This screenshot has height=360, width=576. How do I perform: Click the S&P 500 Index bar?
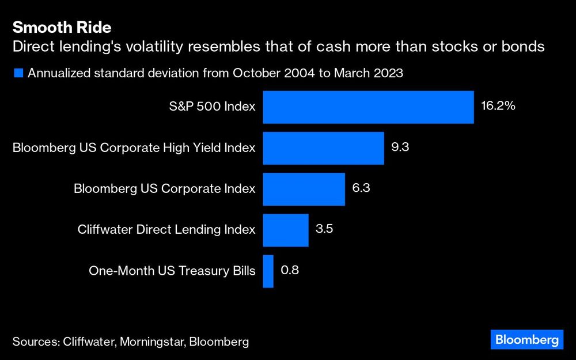(x=368, y=107)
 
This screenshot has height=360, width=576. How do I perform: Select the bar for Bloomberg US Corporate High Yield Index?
(x=323, y=148)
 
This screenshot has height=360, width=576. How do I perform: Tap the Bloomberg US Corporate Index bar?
(x=304, y=189)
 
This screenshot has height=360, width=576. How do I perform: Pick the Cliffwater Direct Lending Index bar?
(x=286, y=230)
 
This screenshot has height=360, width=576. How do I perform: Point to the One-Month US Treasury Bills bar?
(x=268, y=271)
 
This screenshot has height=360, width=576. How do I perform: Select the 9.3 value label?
(x=400, y=147)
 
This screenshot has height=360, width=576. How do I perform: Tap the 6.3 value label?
(x=361, y=188)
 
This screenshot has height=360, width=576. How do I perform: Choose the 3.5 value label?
(x=325, y=229)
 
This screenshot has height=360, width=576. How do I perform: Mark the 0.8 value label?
(x=290, y=270)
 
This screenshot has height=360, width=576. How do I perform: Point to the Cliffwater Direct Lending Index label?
(x=166, y=230)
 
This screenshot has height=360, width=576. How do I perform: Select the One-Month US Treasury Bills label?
(x=172, y=271)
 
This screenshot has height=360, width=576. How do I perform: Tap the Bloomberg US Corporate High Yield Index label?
(x=134, y=148)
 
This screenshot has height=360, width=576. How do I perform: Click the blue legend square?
(x=17, y=73)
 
